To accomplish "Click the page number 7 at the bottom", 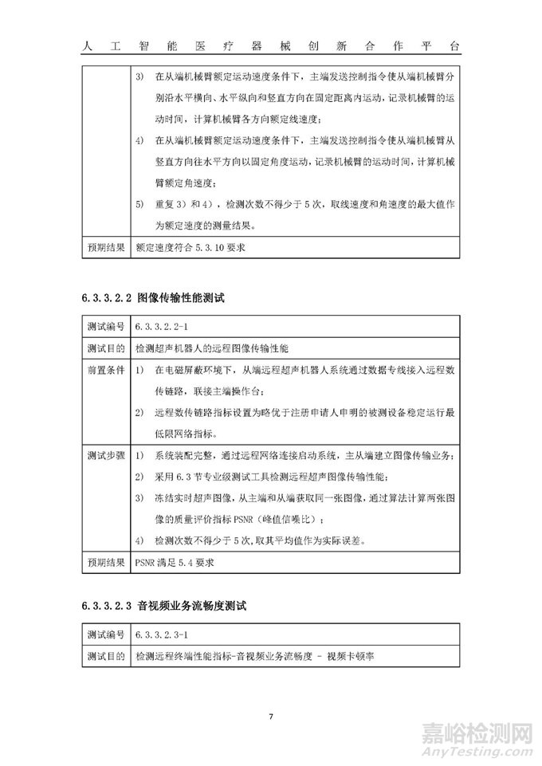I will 271,715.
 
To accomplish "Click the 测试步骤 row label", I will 105,455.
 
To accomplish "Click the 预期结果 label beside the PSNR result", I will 105,563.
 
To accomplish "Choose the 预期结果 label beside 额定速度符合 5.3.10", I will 105,247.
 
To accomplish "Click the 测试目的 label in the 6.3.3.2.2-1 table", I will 105,348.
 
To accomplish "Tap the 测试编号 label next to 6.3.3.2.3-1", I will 105,634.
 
